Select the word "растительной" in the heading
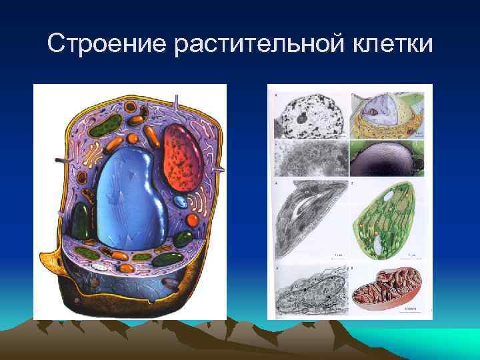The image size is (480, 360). (252, 45)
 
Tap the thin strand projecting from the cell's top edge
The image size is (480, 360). (176, 103)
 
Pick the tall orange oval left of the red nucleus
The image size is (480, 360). (152, 137)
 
